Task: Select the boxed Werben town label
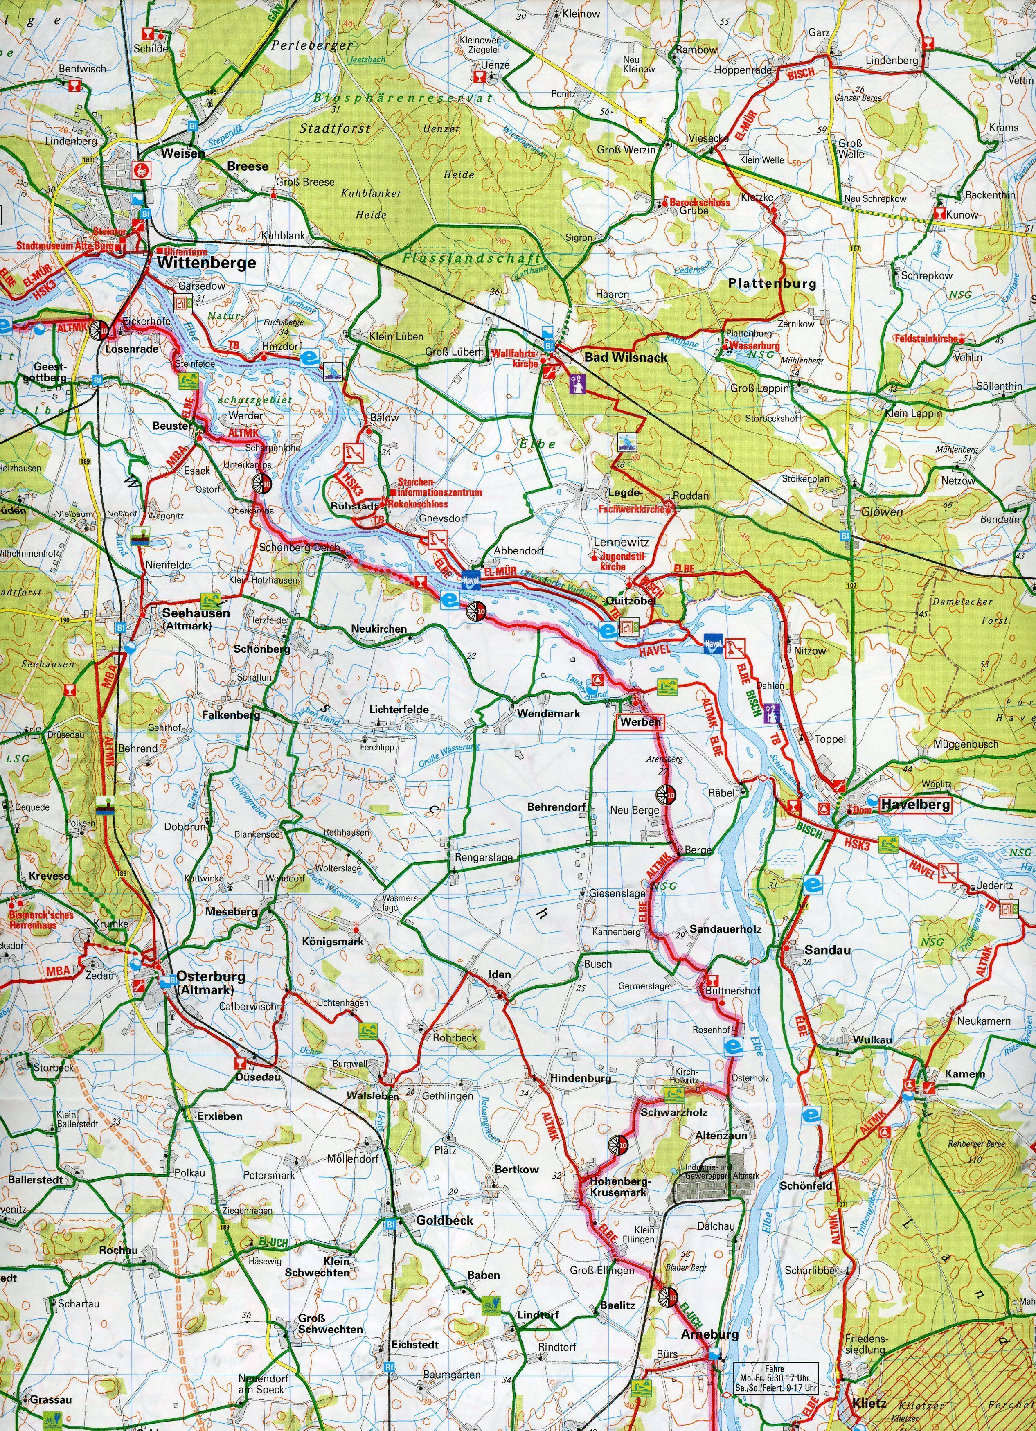[x=640, y=722]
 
